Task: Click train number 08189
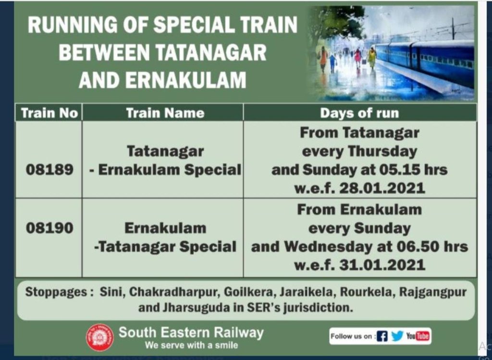(49, 169)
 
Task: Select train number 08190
(49, 228)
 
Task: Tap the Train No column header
(49, 113)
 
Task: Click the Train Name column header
(165, 113)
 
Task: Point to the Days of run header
(359, 113)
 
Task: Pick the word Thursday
(382, 152)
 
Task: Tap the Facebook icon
(382, 336)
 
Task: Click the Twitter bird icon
(397, 336)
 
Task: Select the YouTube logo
(418, 336)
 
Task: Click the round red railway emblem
(100, 337)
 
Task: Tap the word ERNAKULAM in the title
(186, 80)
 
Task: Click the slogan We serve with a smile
(191, 345)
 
